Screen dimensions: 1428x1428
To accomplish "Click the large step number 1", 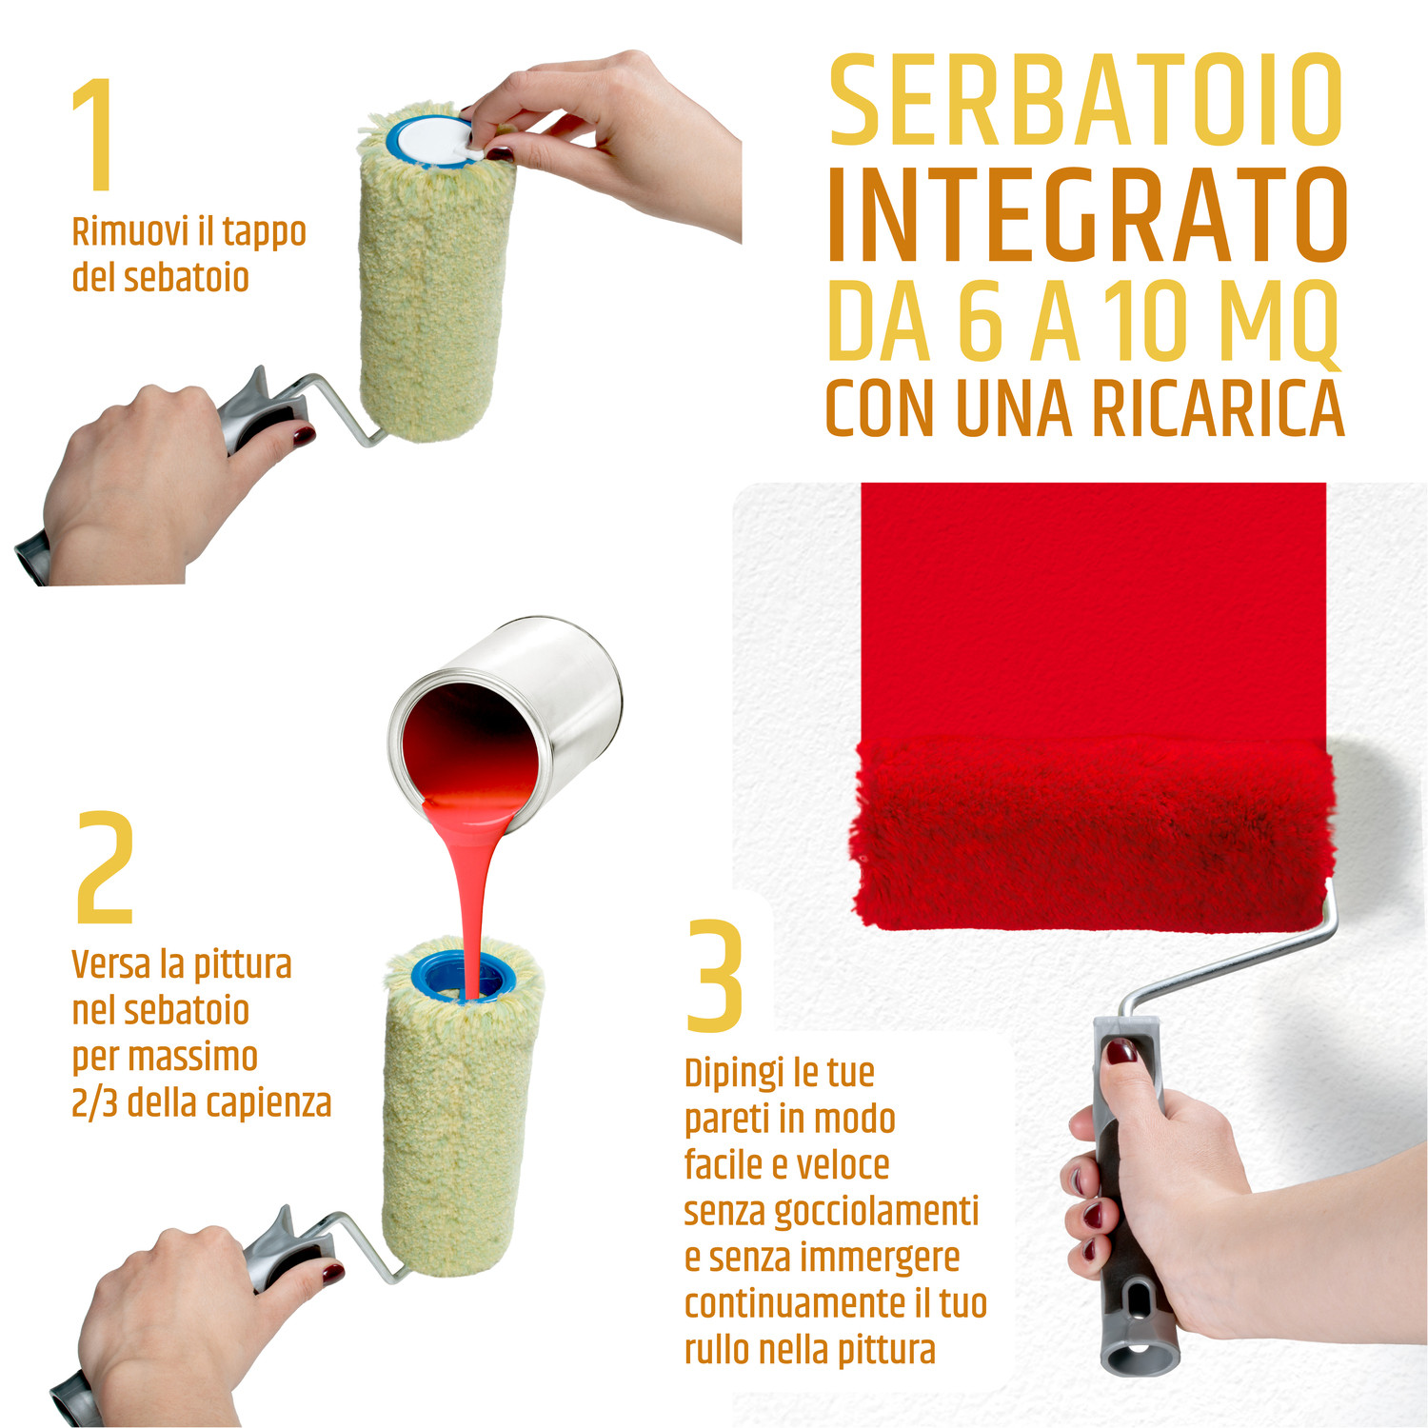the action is [x=95, y=134].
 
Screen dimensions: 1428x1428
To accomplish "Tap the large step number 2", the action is [x=105, y=867].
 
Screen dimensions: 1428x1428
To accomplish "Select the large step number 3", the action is [x=714, y=976].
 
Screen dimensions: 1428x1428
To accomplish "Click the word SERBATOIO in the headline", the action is [x=1085, y=100].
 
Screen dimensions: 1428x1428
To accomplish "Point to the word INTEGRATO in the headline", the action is [x=1086, y=215].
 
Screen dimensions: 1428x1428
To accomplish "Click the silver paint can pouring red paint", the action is [x=505, y=724].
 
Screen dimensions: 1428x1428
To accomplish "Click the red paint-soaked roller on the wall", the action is [x=1093, y=833].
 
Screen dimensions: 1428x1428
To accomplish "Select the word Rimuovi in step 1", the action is [x=129, y=231].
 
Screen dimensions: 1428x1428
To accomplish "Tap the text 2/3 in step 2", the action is [x=94, y=1103].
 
